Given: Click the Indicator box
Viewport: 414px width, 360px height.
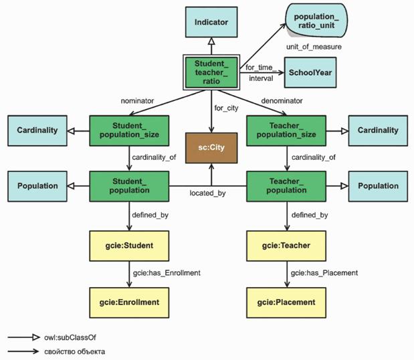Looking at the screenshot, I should tap(211, 22).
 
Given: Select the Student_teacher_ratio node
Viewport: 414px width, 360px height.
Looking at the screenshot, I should tap(211, 72).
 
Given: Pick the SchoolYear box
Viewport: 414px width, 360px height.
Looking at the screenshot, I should tap(310, 72).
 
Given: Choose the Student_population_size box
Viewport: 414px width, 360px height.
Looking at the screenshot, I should tap(130, 130).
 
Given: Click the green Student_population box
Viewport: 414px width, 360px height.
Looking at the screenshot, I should tap(130, 185).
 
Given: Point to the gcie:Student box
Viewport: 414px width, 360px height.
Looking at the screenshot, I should tap(130, 246).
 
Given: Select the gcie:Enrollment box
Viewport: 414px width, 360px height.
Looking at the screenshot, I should tap(130, 302).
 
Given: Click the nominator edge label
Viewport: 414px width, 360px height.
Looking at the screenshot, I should tap(137, 100).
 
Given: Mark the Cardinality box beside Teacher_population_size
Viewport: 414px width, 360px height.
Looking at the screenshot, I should tap(377, 130).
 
